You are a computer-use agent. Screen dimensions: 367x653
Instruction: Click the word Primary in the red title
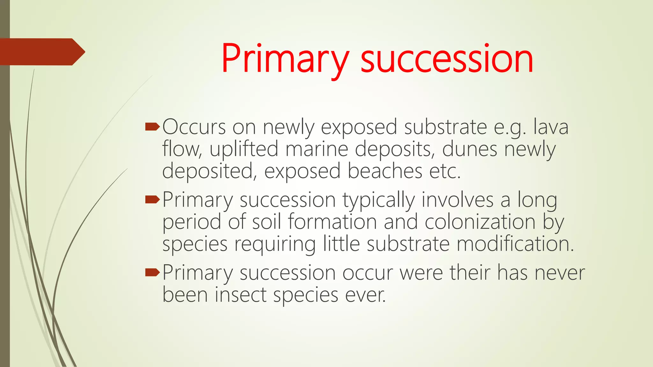click(x=285, y=59)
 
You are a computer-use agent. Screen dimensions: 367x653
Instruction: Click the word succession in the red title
click(x=447, y=59)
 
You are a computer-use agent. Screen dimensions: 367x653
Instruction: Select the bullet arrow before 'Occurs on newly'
click(x=152, y=127)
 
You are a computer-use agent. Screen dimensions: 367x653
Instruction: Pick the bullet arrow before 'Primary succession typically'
click(x=152, y=200)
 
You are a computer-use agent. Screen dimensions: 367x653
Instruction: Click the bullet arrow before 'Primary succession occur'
click(x=152, y=273)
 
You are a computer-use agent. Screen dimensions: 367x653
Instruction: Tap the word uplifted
click(x=244, y=149)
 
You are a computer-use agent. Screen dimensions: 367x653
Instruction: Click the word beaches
click(x=385, y=171)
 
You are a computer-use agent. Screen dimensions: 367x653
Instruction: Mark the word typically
click(x=379, y=200)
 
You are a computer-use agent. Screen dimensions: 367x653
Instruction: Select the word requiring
click(x=275, y=244)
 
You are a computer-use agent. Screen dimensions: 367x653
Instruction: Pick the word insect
click(x=240, y=295)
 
